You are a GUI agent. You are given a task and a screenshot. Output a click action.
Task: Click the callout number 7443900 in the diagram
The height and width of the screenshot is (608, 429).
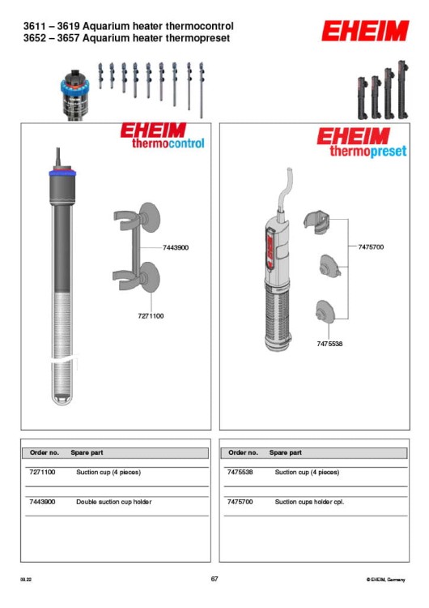[x=175, y=247]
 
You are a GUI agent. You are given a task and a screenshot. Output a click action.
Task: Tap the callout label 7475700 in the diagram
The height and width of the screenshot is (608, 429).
[x=370, y=246]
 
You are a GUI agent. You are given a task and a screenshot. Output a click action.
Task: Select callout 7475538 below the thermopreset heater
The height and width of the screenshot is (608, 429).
[x=329, y=344]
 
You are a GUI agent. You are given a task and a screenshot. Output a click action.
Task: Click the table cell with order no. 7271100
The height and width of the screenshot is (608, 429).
[x=42, y=472]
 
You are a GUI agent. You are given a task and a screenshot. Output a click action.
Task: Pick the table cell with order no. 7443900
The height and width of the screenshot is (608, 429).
[x=42, y=502]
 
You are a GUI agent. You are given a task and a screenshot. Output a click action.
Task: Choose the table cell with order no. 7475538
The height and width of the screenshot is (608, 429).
[x=241, y=472]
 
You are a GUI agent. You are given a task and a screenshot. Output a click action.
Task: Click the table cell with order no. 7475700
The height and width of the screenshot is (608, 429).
[x=241, y=502]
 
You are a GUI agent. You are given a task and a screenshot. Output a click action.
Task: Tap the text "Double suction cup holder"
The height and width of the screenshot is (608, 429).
[x=113, y=502]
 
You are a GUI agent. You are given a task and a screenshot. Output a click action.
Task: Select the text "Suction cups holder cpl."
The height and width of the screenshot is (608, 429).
[x=310, y=502]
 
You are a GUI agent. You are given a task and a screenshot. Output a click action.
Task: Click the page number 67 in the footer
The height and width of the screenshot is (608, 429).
[x=214, y=579]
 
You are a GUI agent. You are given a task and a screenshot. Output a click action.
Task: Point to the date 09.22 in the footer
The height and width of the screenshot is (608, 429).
[x=27, y=580]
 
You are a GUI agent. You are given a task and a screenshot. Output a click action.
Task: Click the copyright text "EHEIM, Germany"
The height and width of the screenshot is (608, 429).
[x=387, y=580]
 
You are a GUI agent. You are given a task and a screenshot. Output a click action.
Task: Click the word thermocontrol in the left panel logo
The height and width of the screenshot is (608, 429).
[x=168, y=143]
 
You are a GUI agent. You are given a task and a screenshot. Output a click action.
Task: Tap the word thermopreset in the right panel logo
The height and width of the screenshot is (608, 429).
[x=367, y=151]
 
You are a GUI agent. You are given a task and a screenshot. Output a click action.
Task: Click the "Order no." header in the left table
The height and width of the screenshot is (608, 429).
[x=45, y=452]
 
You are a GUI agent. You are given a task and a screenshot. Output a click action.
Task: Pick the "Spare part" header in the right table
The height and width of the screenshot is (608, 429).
[x=285, y=452]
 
